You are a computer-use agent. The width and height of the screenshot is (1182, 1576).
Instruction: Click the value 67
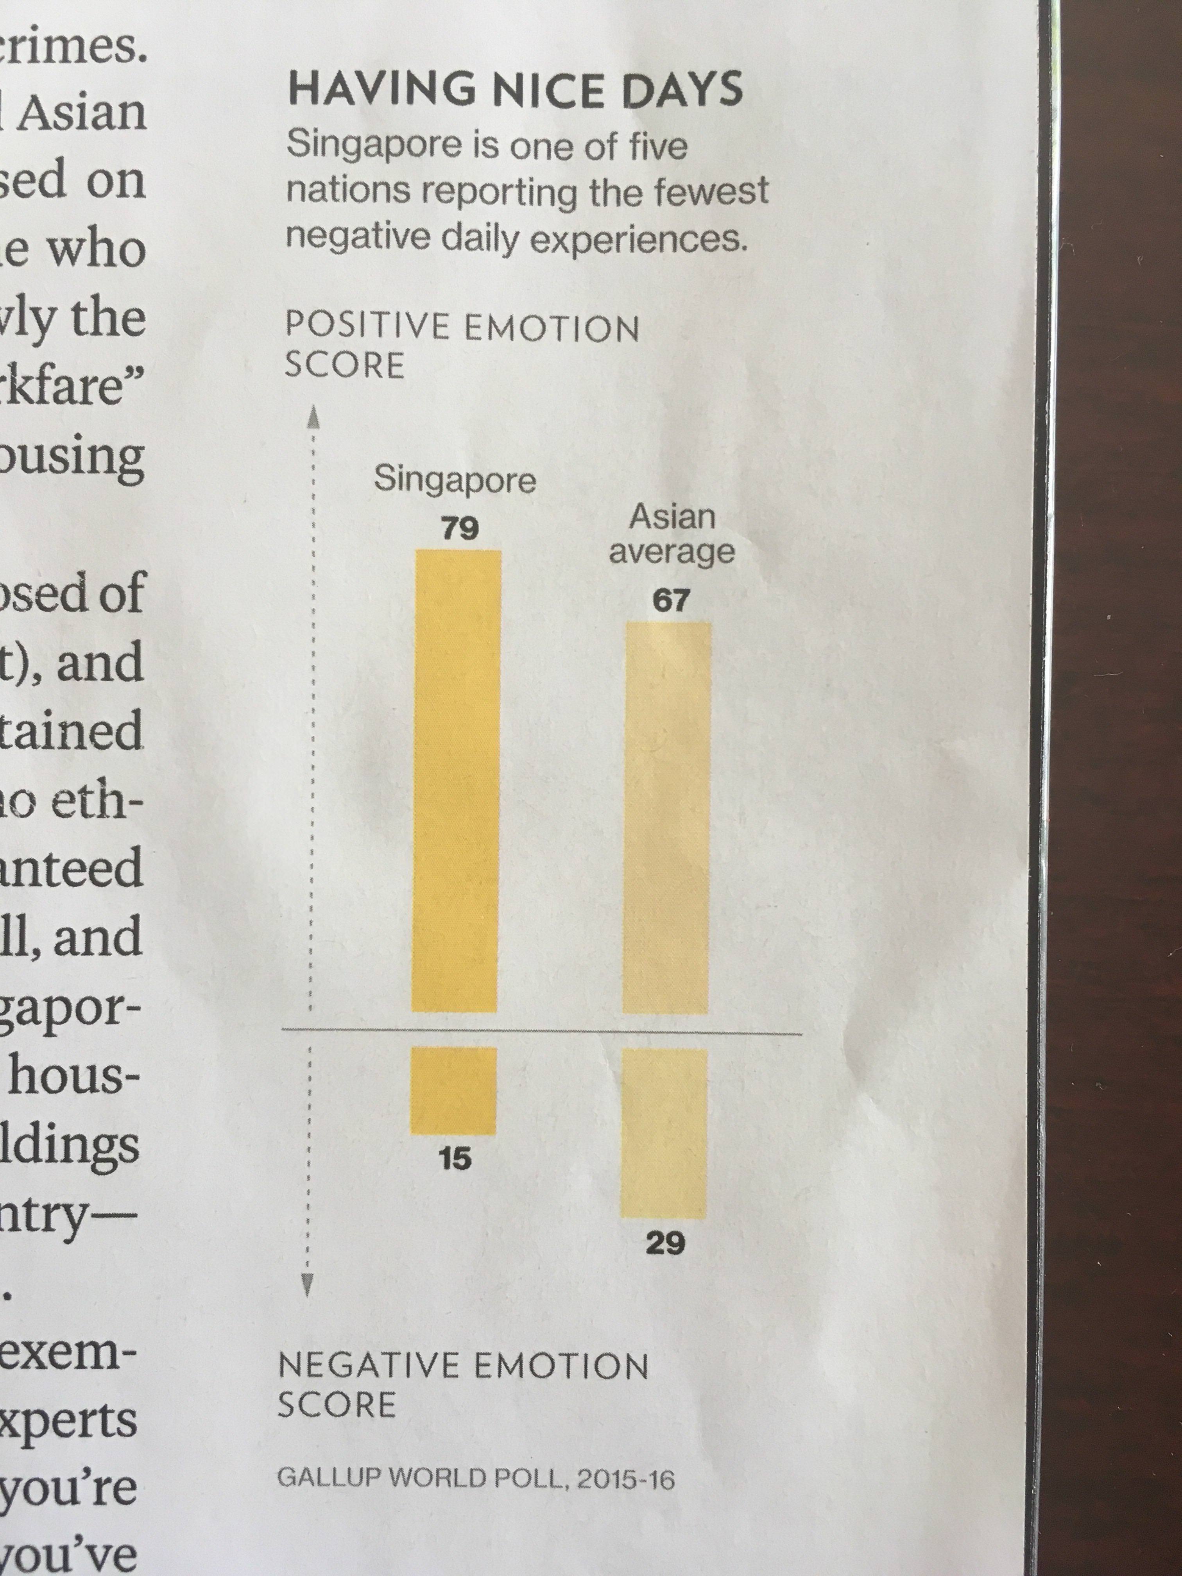670,601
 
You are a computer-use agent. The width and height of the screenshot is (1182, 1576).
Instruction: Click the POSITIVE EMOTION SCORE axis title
462,347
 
